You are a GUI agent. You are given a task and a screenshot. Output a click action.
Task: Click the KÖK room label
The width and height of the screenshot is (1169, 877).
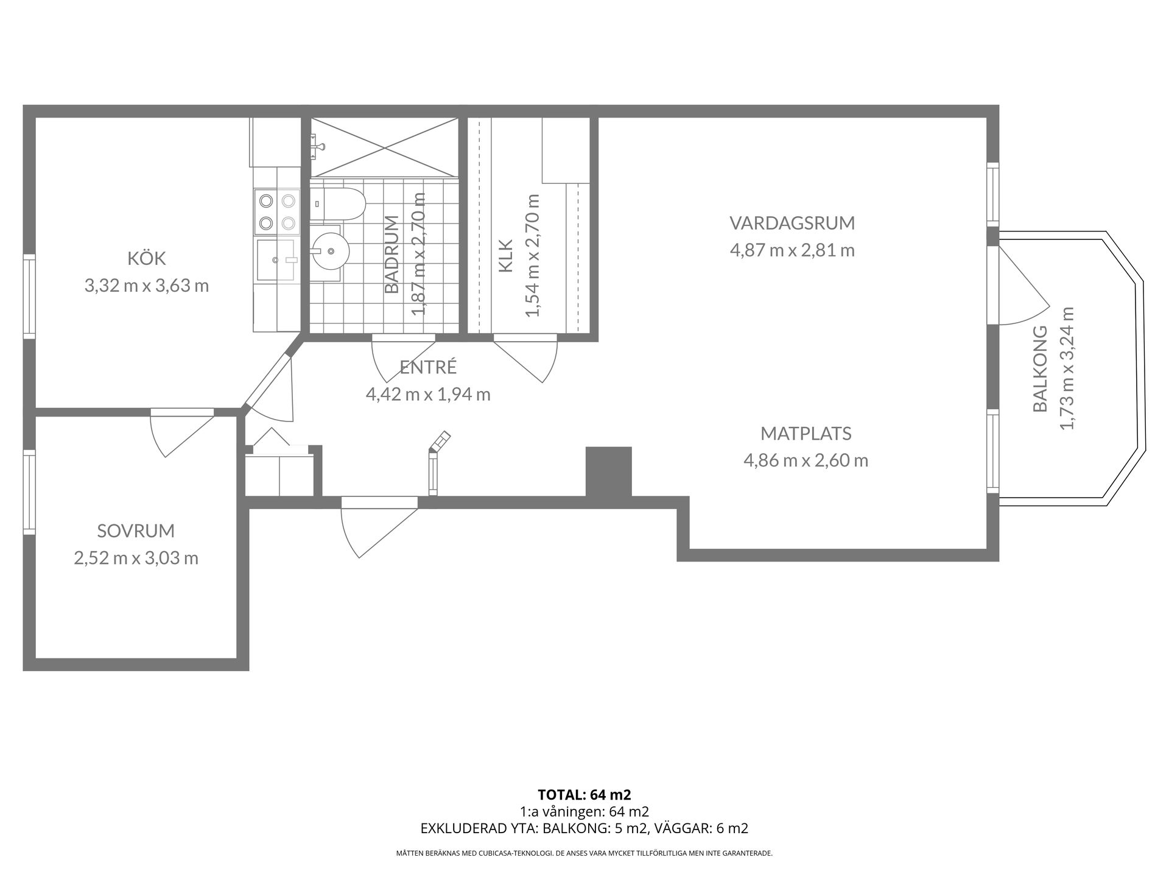147,258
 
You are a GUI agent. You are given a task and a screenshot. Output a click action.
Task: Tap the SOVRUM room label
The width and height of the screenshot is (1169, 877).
136,530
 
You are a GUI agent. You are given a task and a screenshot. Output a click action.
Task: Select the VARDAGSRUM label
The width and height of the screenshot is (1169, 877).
792,223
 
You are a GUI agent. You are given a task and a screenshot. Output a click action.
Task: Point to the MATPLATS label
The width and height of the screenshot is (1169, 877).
806,434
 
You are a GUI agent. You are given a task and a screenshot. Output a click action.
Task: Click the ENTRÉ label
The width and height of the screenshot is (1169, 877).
428,367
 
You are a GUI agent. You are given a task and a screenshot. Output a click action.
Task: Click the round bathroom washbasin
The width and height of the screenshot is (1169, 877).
329,250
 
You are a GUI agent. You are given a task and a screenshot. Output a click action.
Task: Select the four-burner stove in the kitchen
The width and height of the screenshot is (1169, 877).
277,211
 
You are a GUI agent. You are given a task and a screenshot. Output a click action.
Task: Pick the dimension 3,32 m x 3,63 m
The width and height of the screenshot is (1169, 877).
147,286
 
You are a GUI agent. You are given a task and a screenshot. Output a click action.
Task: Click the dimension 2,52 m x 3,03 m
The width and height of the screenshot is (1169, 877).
136,558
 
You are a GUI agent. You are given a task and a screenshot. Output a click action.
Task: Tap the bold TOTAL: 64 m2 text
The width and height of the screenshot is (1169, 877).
584,795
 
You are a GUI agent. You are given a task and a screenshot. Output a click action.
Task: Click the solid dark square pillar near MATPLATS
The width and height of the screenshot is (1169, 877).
608,471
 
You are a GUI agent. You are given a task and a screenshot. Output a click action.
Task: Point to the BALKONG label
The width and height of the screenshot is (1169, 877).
1040,368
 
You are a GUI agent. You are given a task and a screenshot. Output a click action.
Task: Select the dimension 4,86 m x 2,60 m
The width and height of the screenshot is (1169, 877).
806,460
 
